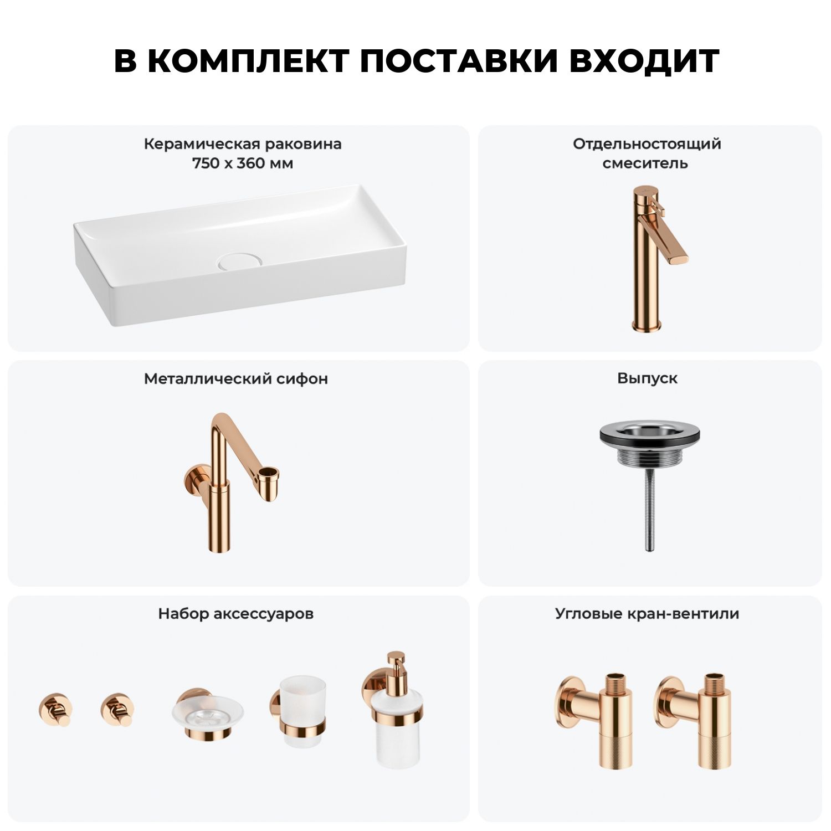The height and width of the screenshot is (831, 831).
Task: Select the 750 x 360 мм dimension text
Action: (x=243, y=163)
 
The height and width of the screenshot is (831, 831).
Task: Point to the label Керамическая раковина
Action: (x=243, y=144)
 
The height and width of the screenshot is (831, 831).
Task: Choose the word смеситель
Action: (x=645, y=163)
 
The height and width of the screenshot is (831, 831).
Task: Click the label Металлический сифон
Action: (x=236, y=378)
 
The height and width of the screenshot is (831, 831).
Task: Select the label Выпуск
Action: (x=647, y=378)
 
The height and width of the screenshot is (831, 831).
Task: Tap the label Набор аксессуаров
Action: (x=236, y=614)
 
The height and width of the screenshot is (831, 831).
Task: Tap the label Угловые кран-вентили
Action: (x=647, y=614)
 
